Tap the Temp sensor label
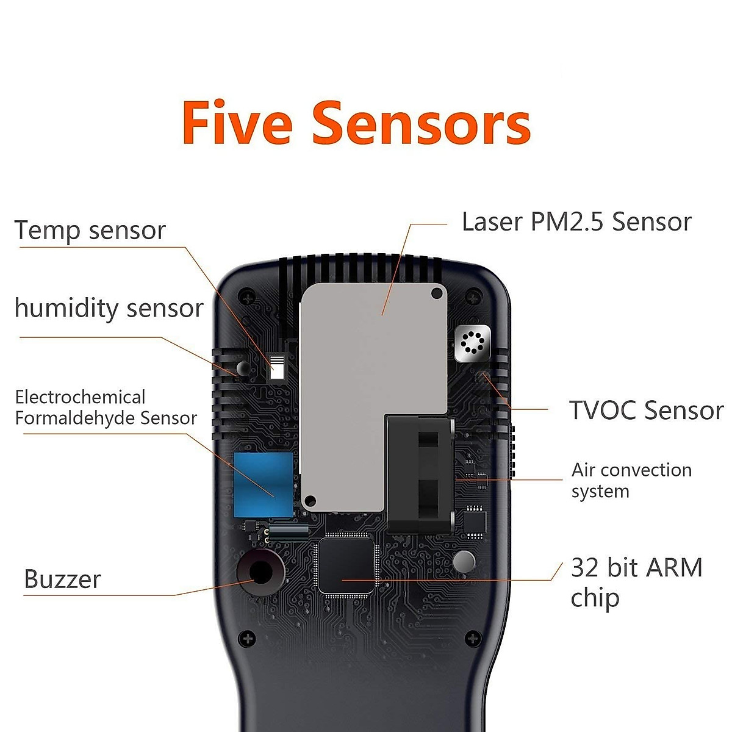coord(90,231)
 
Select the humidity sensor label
coord(109,308)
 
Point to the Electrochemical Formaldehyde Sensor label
coord(106,407)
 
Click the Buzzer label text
coord(62,579)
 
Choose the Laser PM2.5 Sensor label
coord(576,221)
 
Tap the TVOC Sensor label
coord(646,411)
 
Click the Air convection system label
coord(631,480)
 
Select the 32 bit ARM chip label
coord(636,582)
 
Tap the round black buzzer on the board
coord(261,572)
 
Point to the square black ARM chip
coord(346,565)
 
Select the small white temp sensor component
coord(278,368)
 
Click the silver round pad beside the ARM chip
coord(464,561)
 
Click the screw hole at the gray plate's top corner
coord(437,294)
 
